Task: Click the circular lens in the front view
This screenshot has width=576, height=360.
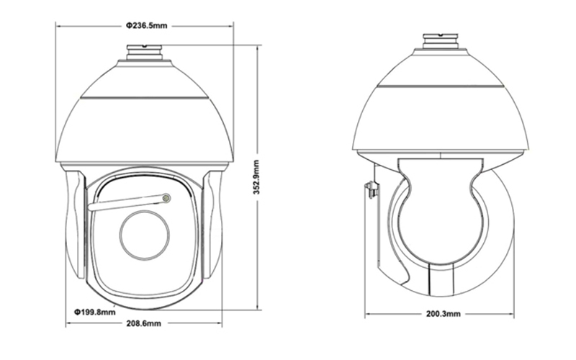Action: click(x=145, y=235)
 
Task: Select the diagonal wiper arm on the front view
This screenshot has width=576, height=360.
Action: click(x=127, y=203)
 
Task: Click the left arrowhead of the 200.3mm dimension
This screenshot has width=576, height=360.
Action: click(x=367, y=314)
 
